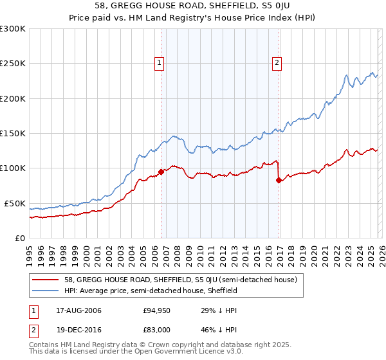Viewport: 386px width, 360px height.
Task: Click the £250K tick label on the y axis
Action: pyautogui.click(x=12, y=64)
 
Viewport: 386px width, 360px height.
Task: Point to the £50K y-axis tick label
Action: pyautogui.click(x=14, y=203)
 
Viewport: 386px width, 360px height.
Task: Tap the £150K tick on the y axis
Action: pyautogui.click(x=12, y=134)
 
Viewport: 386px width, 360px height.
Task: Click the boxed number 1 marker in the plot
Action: pyautogui.click(x=158, y=62)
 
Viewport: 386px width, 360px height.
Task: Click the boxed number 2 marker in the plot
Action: pyautogui.click(x=277, y=62)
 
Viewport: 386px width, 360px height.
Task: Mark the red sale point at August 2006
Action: pyautogui.click(x=161, y=172)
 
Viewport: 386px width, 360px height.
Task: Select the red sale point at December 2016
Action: pyautogui.click(x=279, y=180)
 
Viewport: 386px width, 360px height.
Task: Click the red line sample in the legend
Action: pyautogui.click(x=47, y=280)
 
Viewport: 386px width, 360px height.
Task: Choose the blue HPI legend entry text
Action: pyautogui.click(x=151, y=291)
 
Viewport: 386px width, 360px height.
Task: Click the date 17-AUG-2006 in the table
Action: pyautogui.click(x=79, y=310)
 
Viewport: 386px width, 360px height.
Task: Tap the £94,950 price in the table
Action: pyautogui.click(x=156, y=310)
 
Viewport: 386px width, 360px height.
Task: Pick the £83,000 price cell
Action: pyautogui.click(x=156, y=328)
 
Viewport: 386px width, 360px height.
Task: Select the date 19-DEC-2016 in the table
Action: pyautogui.click(x=79, y=328)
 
